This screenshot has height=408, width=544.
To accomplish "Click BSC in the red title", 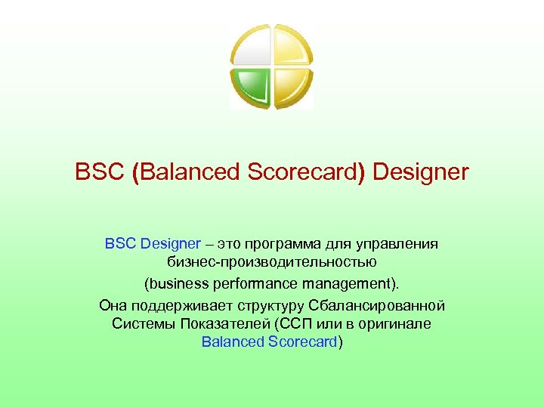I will [100, 173].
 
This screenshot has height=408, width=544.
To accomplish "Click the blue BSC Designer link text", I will [153, 244].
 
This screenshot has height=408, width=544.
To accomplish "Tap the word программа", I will [285, 244].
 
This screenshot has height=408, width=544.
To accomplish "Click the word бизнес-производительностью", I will [272, 264].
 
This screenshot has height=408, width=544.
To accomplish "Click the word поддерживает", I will [176, 305].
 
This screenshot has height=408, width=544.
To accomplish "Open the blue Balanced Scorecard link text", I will [270, 342].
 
